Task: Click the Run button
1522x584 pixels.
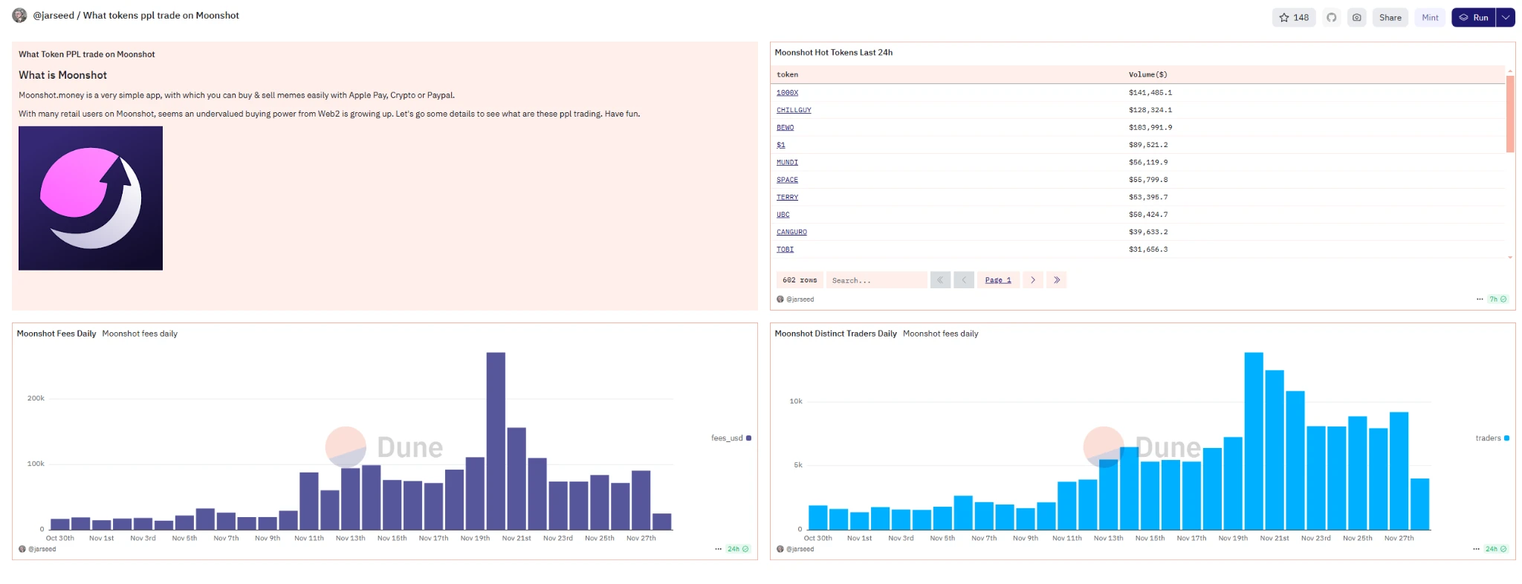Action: tap(1474, 18)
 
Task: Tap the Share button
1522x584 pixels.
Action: tap(1390, 18)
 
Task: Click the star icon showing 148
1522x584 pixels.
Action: tap(1294, 18)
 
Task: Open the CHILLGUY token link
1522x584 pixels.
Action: tap(794, 110)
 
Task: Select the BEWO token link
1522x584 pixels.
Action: tap(785, 128)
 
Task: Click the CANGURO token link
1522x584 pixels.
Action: tap(791, 232)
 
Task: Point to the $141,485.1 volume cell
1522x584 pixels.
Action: tap(1150, 93)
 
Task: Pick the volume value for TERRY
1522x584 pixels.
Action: tap(1148, 197)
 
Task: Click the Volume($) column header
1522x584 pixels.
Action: tap(1147, 74)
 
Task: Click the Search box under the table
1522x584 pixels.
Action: tap(876, 280)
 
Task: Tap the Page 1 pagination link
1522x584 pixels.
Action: tap(997, 280)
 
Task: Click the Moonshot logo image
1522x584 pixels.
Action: tap(91, 198)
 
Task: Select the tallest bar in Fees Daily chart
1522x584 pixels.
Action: tap(496, 440)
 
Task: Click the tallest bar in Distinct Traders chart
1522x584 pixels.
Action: tap(1254, 440)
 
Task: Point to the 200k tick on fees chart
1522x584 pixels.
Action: tap(36, 398)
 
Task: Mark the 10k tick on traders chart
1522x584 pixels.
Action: tap(796, 401)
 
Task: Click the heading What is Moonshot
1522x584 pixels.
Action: tap(62, 75)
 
